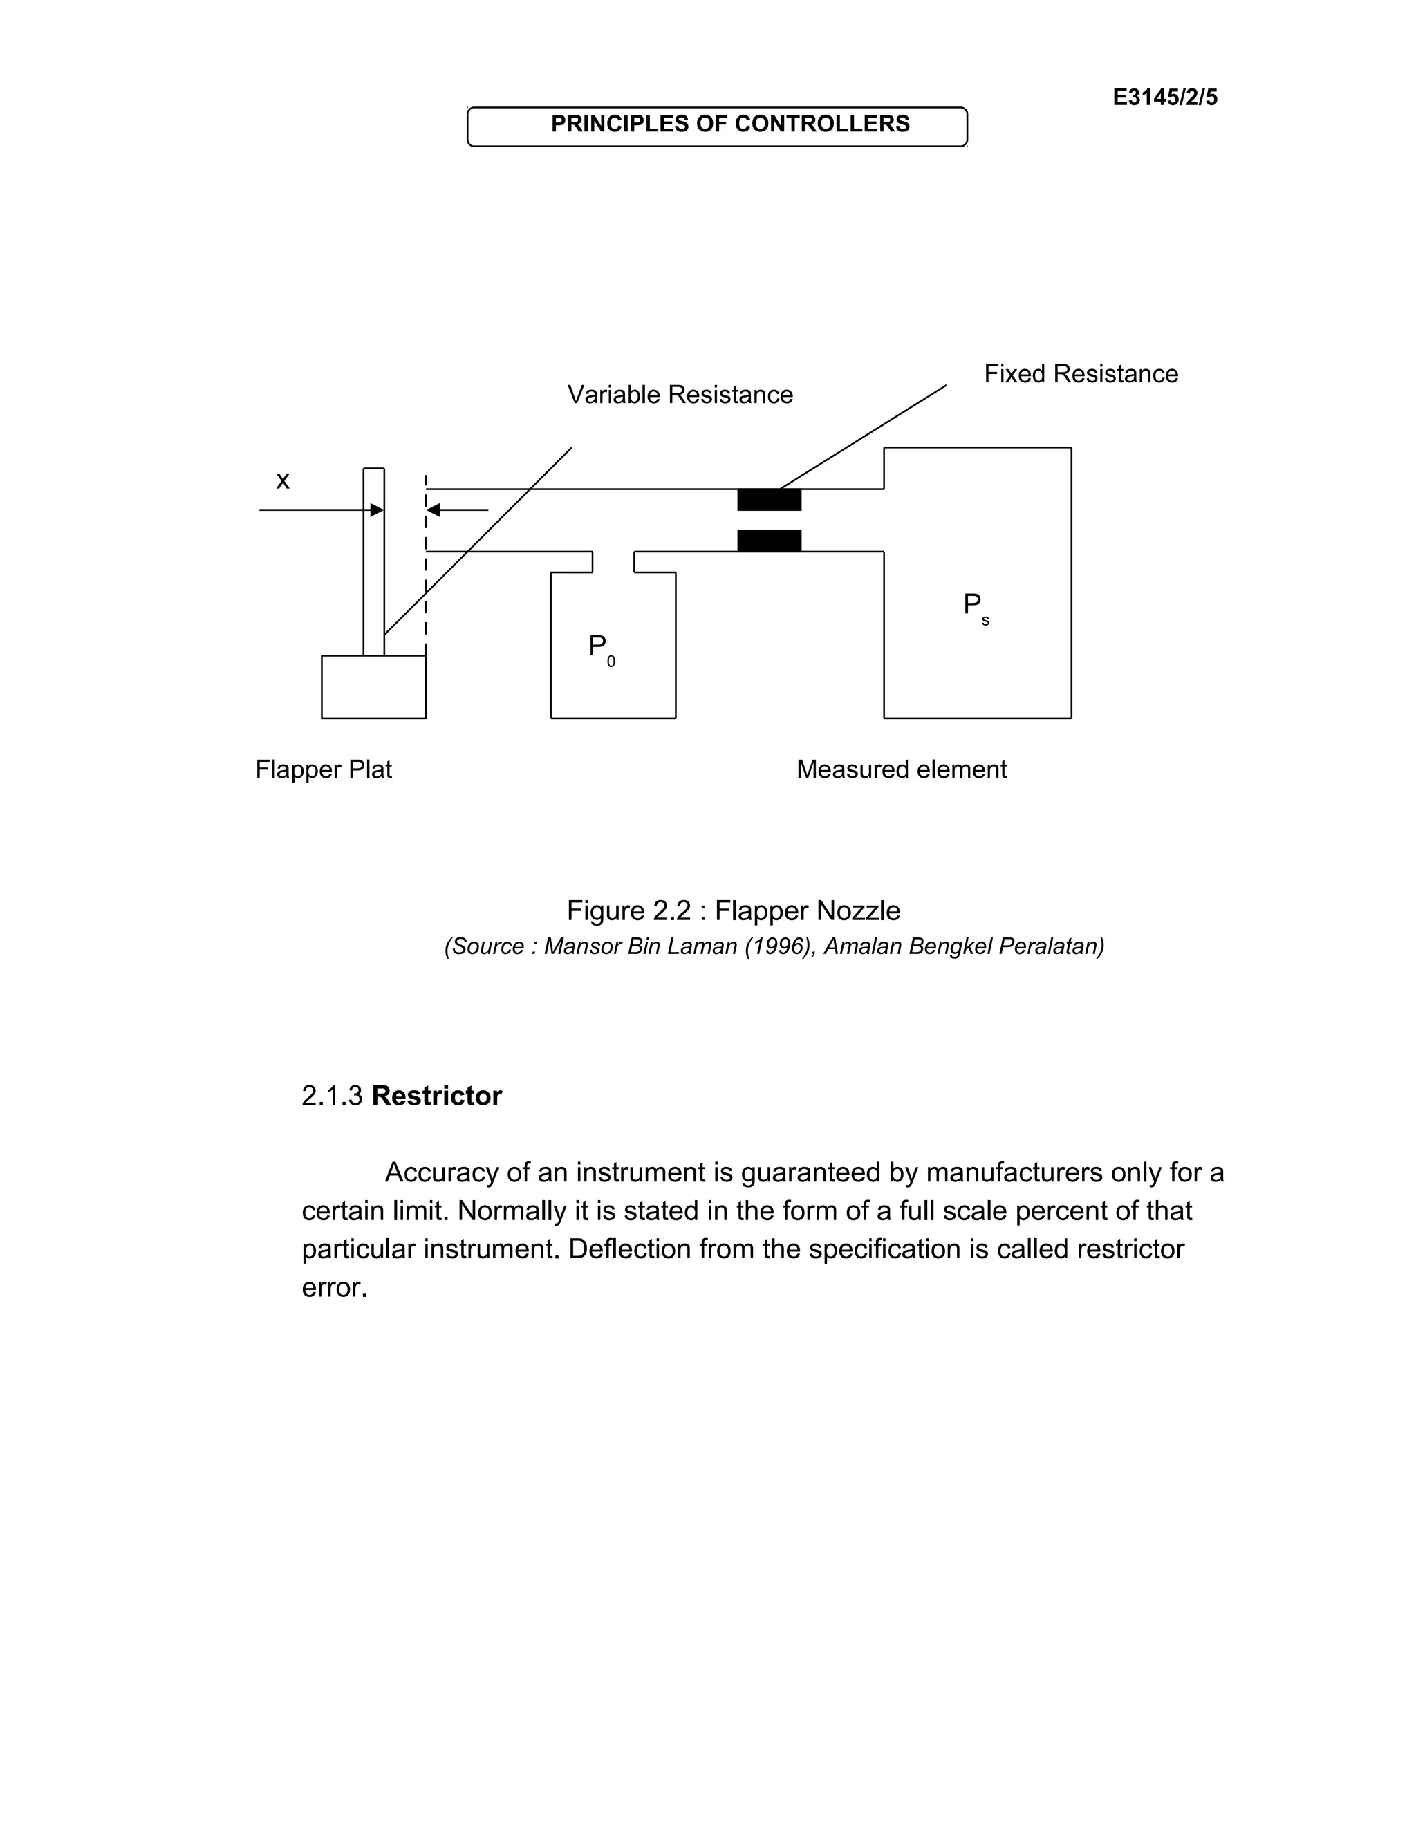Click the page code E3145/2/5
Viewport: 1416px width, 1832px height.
(x=1164, y=97)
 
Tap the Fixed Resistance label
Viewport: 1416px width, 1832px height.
(x=1081, y=373)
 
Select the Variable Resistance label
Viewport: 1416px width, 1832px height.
(x=680, y=394)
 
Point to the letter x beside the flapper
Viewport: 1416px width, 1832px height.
(x=283, y=480)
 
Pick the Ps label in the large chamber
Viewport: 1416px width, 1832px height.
(x=975, y=606)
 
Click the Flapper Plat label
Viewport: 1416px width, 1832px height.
(x=323, y=769)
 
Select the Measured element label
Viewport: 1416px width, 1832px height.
(x=901, y=769)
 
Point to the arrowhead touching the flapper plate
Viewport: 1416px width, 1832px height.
(x=378, y=510)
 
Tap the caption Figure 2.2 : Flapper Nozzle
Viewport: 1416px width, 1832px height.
(x=733, y=910)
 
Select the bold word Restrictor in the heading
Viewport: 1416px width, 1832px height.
(x=436, y=1096)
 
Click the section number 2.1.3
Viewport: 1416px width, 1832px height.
(x=332, y=1096)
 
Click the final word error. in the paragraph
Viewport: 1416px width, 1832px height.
(x=335, y=1288)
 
